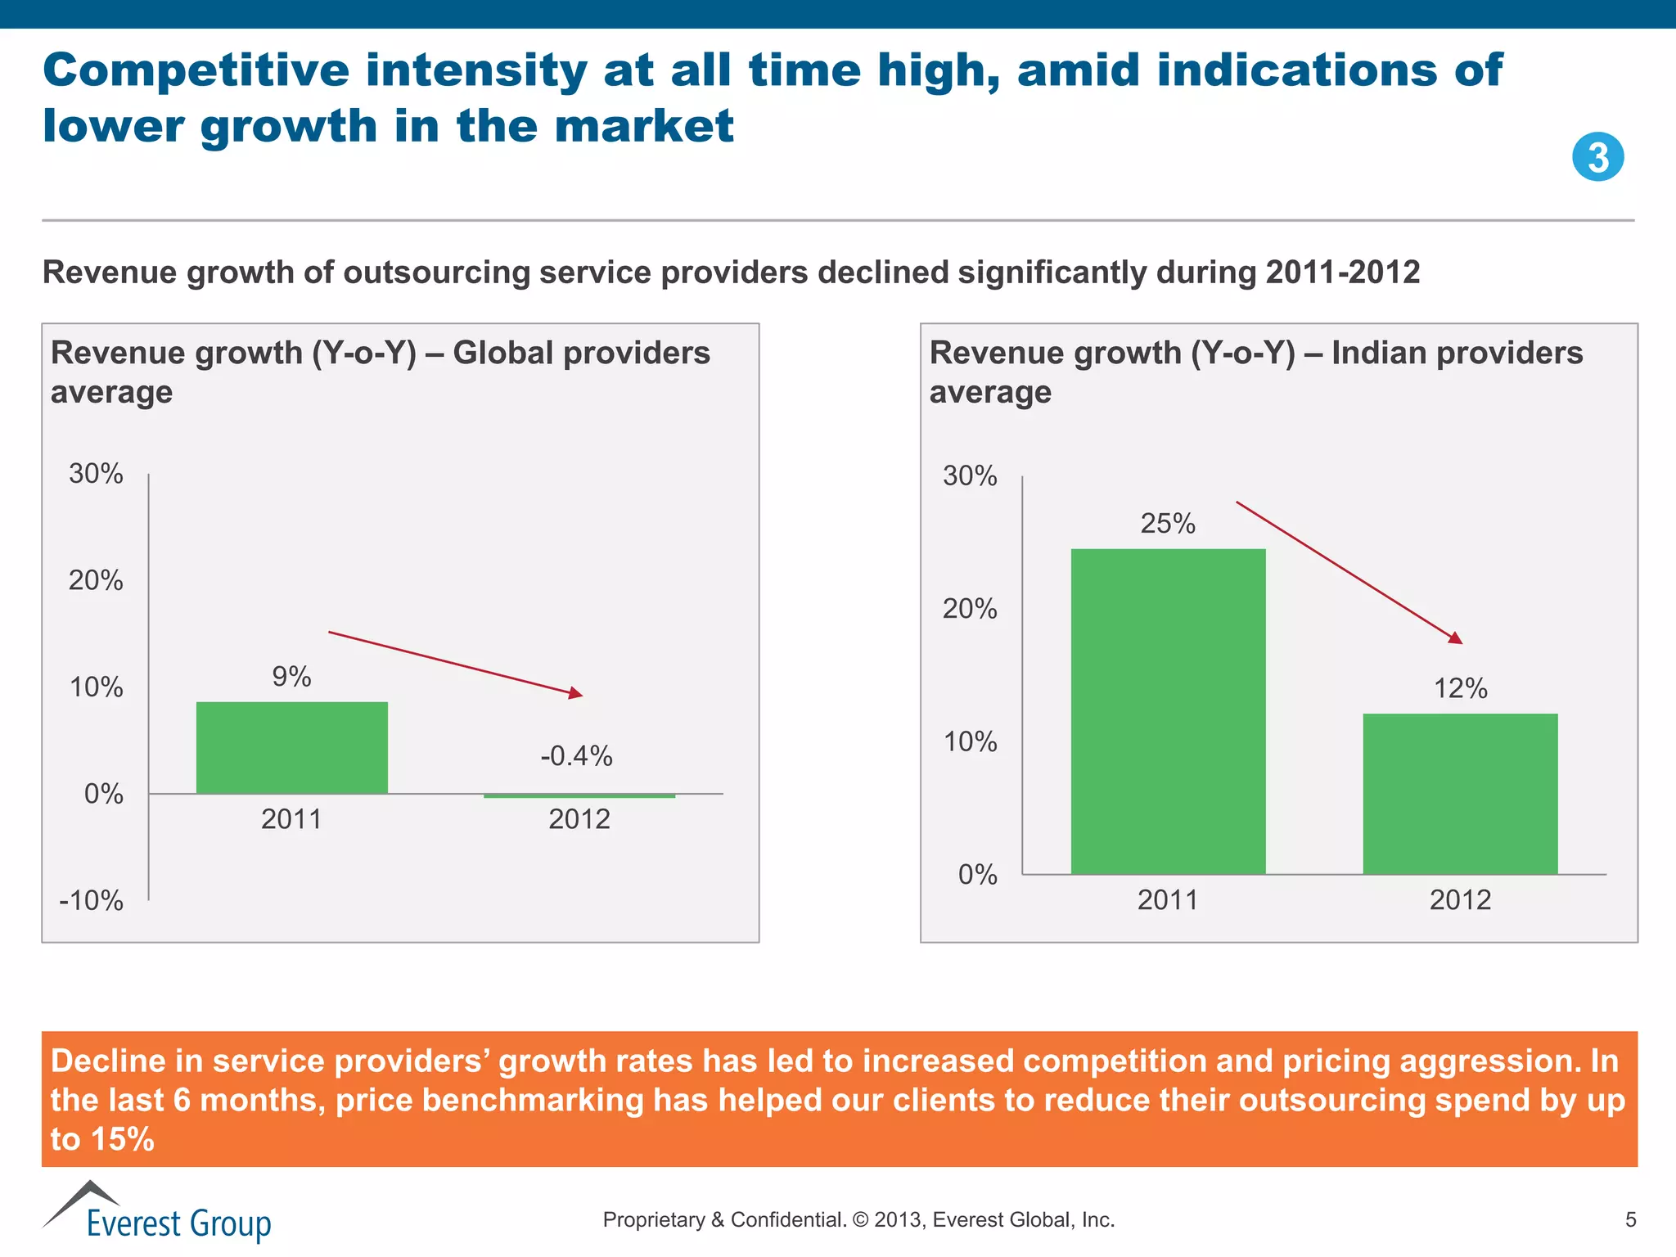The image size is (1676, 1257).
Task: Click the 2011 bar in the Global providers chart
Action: point(291,747)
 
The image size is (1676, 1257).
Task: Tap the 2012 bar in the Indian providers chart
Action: point(1460,793)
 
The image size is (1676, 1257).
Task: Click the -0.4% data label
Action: point(576,755)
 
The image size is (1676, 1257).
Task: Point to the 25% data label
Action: point(1168,523)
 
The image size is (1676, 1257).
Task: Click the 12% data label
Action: point(1460,688)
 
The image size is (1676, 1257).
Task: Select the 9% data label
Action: point(291,677)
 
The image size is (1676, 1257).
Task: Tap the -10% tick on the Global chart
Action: point(92,900)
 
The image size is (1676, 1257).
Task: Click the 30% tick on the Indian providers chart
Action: point(970,475)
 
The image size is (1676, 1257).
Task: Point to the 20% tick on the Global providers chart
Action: point(96,580)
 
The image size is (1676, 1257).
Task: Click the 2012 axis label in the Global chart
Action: point(579,819)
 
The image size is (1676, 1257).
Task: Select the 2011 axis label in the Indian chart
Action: point(1168,900)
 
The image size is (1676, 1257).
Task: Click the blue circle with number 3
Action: point(1597,157)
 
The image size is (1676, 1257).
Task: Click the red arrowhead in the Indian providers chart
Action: point(1456,638)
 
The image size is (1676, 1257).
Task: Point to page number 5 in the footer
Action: point(1630,1220)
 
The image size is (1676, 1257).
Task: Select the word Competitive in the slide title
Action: point(195,70)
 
